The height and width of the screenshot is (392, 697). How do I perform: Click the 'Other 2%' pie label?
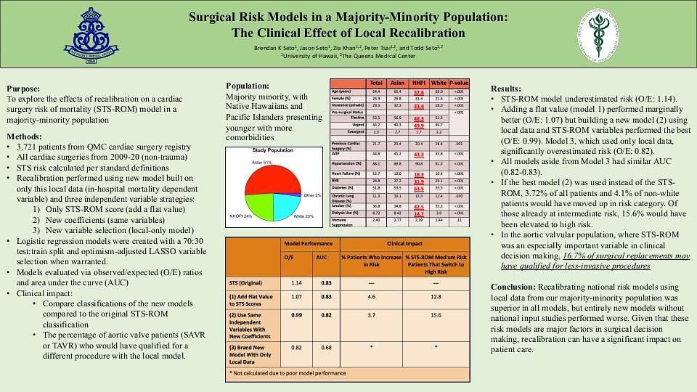(x=313, y=195)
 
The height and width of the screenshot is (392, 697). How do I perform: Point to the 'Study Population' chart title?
(x=272, y=150)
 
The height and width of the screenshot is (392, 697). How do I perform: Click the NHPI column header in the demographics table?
(x=418, y=83)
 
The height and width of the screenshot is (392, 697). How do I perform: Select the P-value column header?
(x=459, y=83)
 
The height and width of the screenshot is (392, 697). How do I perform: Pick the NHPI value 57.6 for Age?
(x=418, y=92)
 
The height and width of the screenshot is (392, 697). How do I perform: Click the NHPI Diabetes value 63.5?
(x=418, y=187)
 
